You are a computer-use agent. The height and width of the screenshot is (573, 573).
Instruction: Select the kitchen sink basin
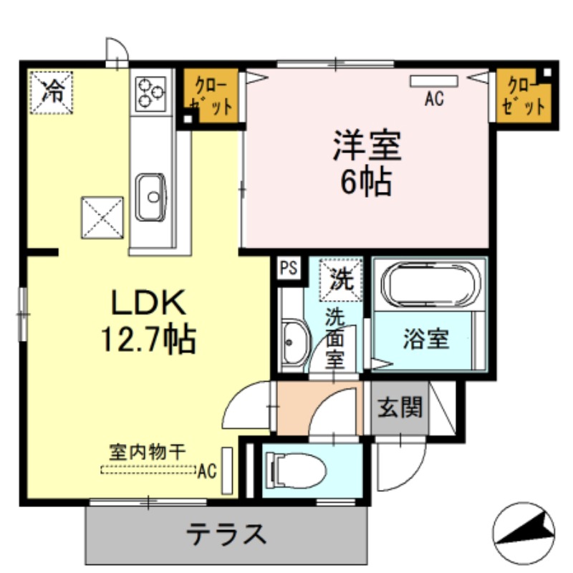pos(150,196)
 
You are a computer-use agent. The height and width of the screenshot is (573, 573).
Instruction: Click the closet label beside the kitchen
pos(211,95)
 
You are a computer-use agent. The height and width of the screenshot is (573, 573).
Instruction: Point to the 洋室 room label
pos(366,148)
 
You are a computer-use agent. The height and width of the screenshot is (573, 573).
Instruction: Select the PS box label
pos(288,268)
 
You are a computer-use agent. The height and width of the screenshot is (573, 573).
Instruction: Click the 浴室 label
pos(426,339)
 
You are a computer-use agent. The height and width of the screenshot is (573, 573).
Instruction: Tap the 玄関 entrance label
pos(400,408)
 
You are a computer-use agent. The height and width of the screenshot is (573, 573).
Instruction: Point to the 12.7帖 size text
pos(146,338)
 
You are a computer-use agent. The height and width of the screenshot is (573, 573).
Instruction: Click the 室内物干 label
pos(148,452)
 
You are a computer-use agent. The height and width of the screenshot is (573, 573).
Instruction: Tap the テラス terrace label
pos(228,534)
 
